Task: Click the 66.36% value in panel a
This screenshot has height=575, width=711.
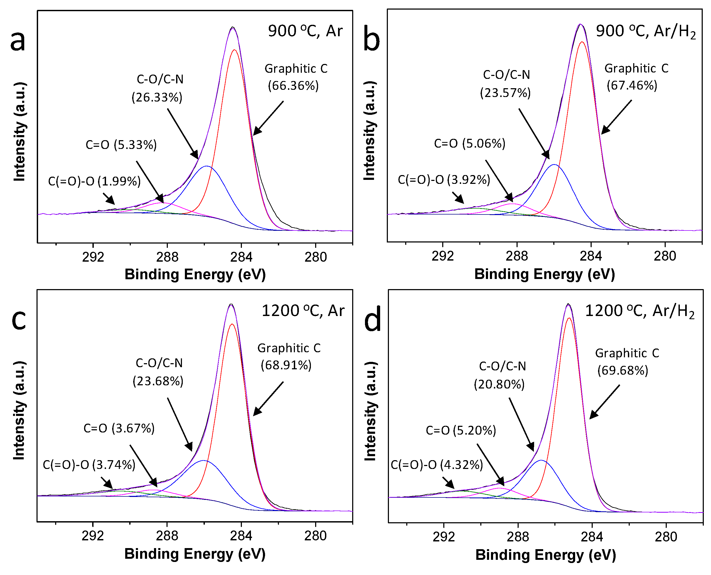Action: [293, 86]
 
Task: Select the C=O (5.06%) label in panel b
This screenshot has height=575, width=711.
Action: [470, 143]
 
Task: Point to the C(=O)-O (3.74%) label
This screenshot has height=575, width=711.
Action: [89, 465]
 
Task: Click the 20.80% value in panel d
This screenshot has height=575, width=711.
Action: [499, 384]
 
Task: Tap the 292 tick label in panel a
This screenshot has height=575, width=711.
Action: [93, 257]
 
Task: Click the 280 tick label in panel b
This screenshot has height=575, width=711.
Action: [665, 256]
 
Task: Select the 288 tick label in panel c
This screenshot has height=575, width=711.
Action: [167, 536]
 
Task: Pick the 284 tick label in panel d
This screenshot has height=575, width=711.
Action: [592, 537]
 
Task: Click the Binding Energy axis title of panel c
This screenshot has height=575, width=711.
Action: [195, 554]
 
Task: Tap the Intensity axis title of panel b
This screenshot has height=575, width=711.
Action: [369, 131]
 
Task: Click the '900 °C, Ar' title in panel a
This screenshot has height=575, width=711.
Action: [305, 31]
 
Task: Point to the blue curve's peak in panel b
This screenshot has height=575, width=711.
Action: [554, 165]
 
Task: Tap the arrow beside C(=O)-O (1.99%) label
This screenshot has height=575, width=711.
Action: [109, 199]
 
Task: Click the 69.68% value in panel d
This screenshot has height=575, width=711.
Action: [623, 370]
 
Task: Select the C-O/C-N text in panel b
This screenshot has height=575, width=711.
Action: [506, 75]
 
